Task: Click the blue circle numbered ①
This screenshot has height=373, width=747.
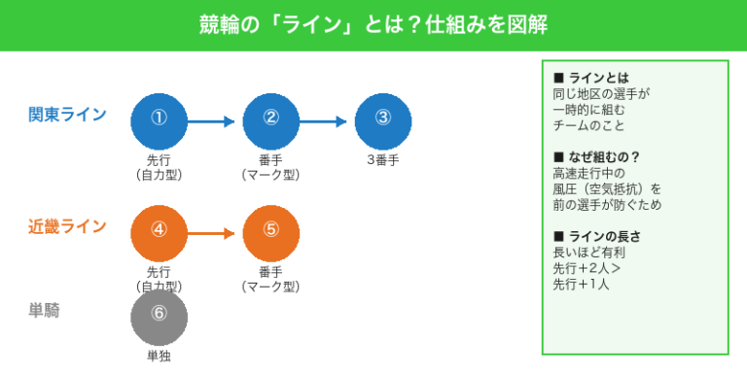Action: tap(159, 121)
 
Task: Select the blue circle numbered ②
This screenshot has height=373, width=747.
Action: tap(270, 121)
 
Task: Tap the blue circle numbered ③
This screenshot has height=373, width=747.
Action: tap(382, 121)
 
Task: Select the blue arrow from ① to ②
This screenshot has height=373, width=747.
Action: tap(211, 121)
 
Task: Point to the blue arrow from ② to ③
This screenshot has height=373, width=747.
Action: tap(323, 121)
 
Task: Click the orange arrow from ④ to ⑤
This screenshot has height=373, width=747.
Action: tap(211, 233)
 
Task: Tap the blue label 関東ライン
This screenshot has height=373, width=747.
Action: tap(67, 116)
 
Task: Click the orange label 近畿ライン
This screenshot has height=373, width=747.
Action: tap(67, 227)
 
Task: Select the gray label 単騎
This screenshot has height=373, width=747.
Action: tap(47, 311)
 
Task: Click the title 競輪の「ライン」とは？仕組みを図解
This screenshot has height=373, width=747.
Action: tap(373, 24)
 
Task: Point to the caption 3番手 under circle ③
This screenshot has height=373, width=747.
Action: tap(382, 160)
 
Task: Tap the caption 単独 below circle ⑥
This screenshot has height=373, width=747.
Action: tap(159, 356)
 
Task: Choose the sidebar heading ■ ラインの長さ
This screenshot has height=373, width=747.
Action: tap(596, 236)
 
